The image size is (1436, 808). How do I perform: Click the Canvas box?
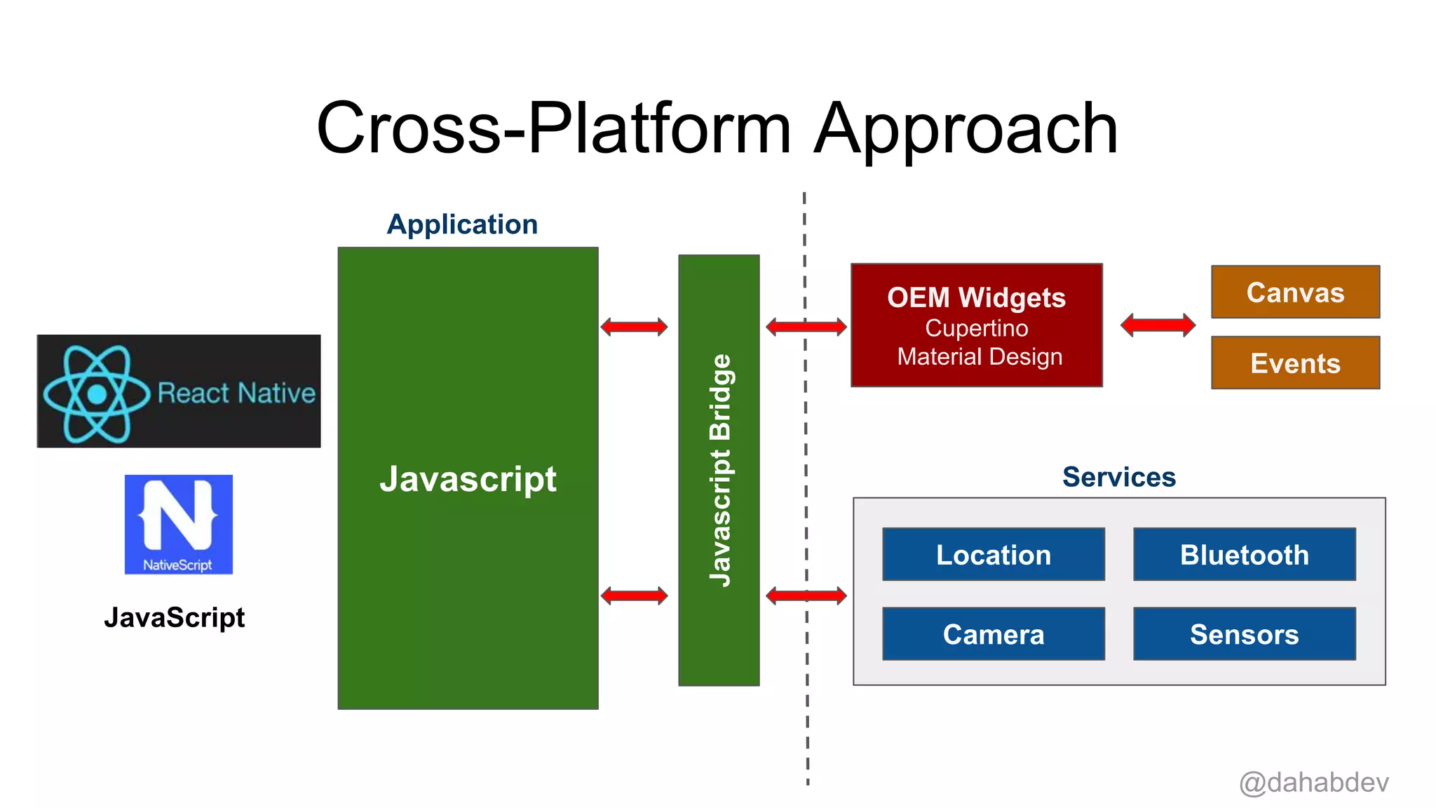[x=1295, y=292]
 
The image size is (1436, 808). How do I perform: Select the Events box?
[x=1295, y=363]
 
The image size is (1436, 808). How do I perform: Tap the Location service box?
[x=993, y=554]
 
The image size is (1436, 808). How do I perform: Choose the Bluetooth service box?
[x=1244, y=554]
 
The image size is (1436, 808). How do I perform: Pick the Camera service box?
[x=993, y=633]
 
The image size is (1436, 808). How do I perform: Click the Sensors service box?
[x=1244, y=633]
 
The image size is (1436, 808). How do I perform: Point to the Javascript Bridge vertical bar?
[x=719, y=470]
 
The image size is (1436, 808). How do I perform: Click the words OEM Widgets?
[x=976, y=297]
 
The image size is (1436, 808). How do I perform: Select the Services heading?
[x=1118, y=477]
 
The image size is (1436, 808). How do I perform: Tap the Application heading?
[x=462, y=224]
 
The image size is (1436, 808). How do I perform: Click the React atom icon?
[x=97, y=393]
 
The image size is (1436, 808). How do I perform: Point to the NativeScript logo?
[x=178, y=524]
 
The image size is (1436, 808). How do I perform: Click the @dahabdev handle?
[x=1313, y=782]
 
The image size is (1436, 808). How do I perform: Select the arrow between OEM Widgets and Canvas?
[x=1158, y=325]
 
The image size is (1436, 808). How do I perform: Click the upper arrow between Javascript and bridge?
[x=634, y=326]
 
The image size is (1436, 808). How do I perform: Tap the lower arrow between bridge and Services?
[x=806, y=596]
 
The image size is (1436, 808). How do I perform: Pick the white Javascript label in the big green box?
[x=468, y=480]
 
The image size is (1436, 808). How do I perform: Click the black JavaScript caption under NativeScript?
[x=174, y=617]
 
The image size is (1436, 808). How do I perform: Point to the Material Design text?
[x=980, y=356]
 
